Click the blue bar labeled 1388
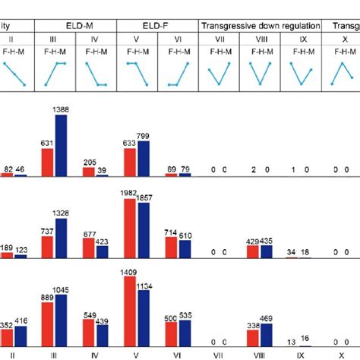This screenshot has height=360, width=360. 61,145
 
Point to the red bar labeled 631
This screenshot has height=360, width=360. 48,162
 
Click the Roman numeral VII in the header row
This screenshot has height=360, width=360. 219,39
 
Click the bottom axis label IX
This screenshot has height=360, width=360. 301,354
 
